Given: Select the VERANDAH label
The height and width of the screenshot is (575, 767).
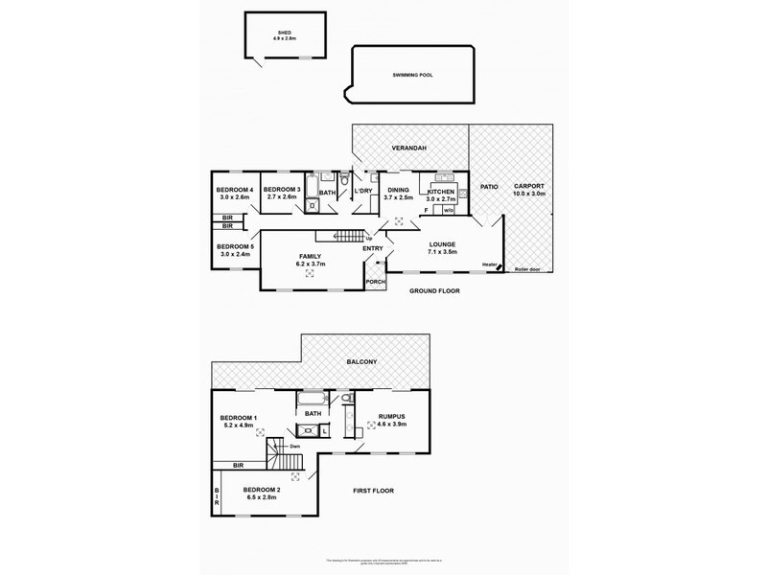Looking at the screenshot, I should [408, 148].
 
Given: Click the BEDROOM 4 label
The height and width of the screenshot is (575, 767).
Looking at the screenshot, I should [234, 190].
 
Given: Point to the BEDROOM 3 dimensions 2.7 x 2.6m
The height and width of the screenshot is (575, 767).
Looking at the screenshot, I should [282, 197].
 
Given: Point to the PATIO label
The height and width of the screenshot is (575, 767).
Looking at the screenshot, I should [487, 189].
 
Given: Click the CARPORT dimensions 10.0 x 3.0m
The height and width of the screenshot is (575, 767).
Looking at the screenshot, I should [529, 193].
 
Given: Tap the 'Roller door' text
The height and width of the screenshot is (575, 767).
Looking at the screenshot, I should [528, 269].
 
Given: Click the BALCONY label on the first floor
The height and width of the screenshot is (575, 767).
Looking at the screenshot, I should [363, 361].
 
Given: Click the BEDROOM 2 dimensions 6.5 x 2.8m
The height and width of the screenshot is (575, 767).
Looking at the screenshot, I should [262, 498].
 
